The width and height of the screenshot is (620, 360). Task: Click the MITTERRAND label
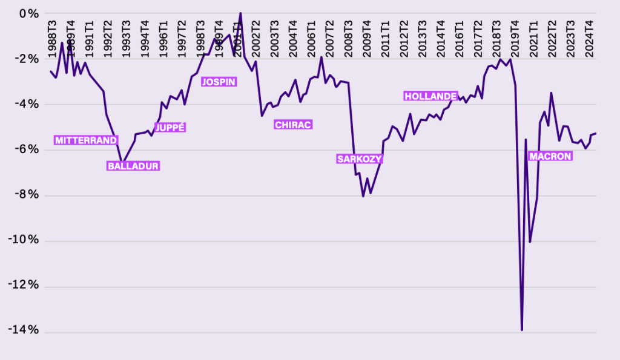tap(85, 140)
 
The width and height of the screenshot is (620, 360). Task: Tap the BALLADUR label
tap(133, 166)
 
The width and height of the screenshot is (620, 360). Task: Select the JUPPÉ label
tap(170, 128)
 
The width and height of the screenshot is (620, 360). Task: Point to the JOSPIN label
tap(219, 82)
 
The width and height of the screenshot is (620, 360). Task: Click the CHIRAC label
tap(293, 125)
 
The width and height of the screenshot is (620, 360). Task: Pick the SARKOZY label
tap(360, 159)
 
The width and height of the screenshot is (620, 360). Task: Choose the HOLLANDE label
tap(430, 96)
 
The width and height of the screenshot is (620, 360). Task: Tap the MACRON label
tap(550, 156)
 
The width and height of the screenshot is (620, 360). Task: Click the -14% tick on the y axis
tap(24, 330)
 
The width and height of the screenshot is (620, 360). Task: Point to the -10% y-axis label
tap(24, 240)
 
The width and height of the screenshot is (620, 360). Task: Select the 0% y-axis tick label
tap(29, 13)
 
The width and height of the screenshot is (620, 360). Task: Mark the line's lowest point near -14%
tap(521, 330)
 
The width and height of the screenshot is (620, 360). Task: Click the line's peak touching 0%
tap(240, 13)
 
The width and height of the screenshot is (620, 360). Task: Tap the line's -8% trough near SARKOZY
tap(363, 196)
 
